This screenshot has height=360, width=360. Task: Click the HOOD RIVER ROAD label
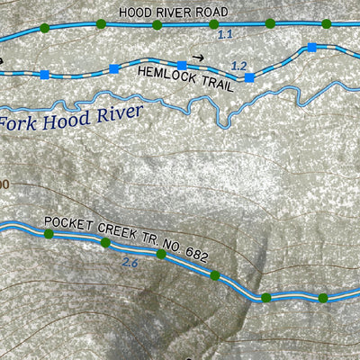tap(173, 12)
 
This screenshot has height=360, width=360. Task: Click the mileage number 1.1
tap(226, 34)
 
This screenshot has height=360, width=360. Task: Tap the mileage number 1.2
tap(238, 66)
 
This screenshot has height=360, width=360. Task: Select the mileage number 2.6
tap(129, 264)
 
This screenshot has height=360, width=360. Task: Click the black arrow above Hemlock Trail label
tap(197, 56)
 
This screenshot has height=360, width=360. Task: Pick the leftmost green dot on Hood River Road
tap(45, 29)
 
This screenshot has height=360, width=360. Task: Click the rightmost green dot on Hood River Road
tap(328, 24)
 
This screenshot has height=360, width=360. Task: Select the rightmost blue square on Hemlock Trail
tap(311, 47)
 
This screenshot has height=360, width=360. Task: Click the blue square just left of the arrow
tap(182, 65)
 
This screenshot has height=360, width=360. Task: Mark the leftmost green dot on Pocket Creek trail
tap(49, 234)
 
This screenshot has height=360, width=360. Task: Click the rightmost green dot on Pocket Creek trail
tap(322, 297)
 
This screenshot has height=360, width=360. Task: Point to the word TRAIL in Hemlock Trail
tap(213, 85)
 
